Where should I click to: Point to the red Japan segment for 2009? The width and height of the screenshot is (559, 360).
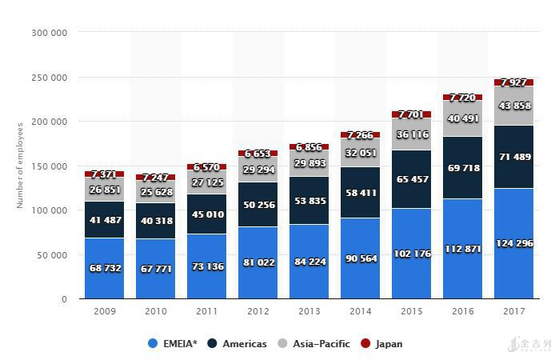(104, 174)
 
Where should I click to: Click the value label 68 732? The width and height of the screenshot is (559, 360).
(105, 268)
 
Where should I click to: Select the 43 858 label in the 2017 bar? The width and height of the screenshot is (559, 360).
(514, 106)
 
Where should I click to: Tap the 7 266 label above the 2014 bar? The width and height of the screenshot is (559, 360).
(361, 135)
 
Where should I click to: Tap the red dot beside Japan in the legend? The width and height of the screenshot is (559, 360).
(366, 344)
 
